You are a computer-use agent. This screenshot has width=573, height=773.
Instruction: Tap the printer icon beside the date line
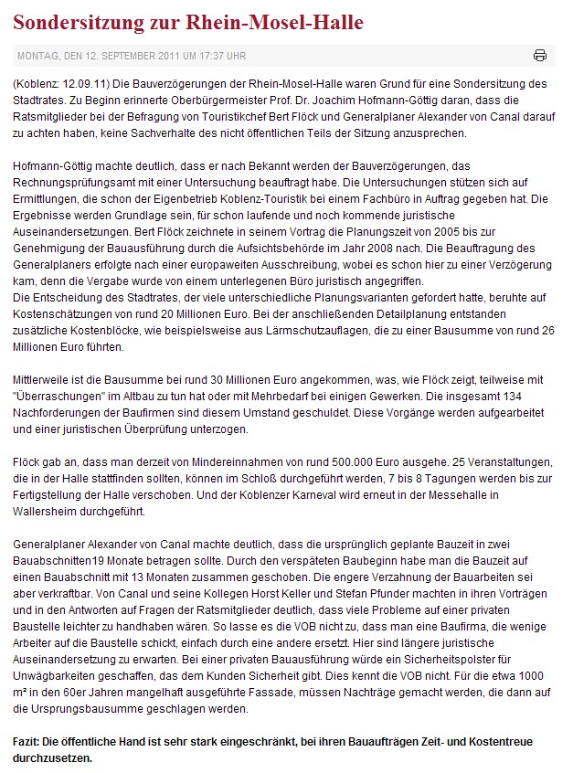[540, 56]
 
